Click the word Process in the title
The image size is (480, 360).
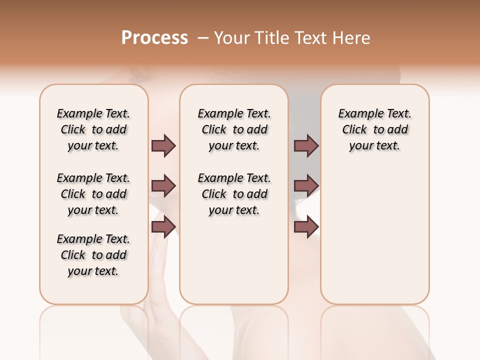coord(154,38)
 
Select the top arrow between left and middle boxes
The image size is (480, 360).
coord(163,146)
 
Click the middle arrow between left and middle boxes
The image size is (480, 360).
coord(163,186)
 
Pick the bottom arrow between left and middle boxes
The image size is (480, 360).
coord(163,227)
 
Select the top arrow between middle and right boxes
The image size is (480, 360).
coord(306,146)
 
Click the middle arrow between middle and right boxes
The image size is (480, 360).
coord(306,186)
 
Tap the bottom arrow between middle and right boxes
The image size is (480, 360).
coord(306,227)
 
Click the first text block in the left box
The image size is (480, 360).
coord(93,129)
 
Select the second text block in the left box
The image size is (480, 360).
coord(93,194)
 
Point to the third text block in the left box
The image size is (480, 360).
coord(93,255)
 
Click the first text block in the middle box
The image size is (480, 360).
coord(234,129)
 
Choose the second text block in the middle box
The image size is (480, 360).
coord(234,194)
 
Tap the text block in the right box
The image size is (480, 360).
coord(374,129)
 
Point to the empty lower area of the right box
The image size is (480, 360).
coord(374,235)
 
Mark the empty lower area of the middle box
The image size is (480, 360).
coord(234,260)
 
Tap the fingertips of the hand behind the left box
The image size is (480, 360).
coord(157,257)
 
